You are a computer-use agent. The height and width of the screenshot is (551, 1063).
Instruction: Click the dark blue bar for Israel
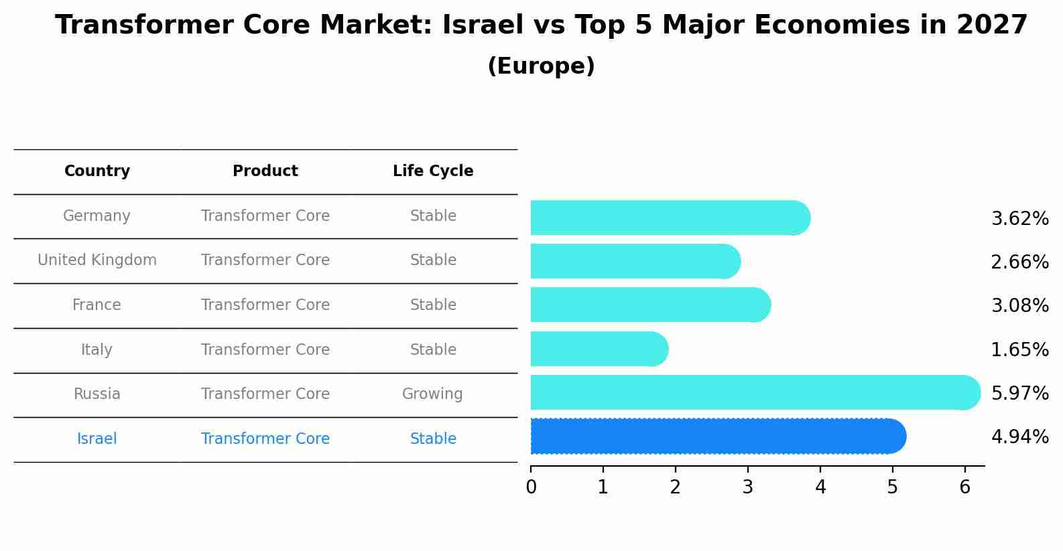click(717, 436)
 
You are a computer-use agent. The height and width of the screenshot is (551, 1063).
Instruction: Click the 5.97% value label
click(1019, 393)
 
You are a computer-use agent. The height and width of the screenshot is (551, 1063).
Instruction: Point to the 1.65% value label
click(1019, 349)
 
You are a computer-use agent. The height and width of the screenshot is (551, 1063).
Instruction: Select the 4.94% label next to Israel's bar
click(1019, 437)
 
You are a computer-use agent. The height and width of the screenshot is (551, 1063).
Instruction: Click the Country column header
click(97, 171)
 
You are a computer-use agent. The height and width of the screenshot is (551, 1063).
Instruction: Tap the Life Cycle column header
click(433, 171)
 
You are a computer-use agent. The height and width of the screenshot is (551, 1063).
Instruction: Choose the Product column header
click(265, 171)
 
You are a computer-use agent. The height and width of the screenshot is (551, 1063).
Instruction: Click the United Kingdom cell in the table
click(97, 260)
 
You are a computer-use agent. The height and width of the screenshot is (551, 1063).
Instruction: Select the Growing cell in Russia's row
click(432, 394)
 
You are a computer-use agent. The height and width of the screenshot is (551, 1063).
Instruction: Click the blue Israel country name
click(97, 439)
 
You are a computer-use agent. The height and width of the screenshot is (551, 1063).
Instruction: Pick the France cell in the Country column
click(97, 305)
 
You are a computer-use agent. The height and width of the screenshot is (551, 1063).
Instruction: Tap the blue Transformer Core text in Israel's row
click(265, 439)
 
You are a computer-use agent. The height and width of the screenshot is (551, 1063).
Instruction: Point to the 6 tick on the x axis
click(964, 487)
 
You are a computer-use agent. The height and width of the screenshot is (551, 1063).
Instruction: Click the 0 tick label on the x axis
click(531, 487)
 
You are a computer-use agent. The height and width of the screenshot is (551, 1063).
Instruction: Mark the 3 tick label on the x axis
click(748, 487)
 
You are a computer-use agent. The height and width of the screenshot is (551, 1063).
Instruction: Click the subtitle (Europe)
click(541, 66)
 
